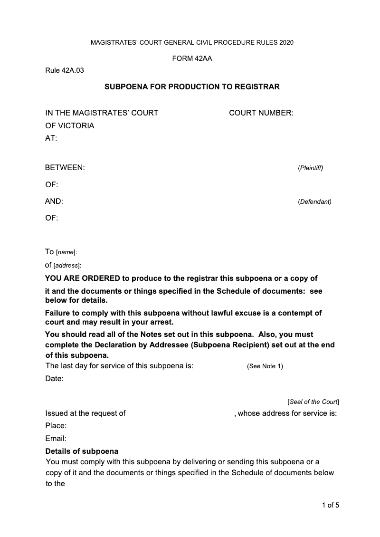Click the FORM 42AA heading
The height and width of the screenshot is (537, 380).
pos(192,58)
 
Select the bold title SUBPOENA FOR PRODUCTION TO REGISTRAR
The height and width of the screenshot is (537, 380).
pos(192,87)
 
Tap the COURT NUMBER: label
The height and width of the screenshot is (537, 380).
pos(261,113)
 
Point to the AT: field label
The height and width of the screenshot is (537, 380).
pos(51,138)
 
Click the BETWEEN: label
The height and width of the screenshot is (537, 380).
pos(65,168)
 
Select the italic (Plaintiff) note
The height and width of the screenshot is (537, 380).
pos(310,168)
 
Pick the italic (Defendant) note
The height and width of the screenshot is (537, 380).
pos(314,202)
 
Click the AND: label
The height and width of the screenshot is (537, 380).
pos(54,201)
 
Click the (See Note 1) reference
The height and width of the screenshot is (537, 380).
pos(265,366)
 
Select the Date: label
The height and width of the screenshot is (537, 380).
pos(54,379)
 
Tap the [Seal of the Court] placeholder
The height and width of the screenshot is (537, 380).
pos(313,402)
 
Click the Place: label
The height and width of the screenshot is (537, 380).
pos(56,426)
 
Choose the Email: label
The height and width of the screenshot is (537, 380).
pos(56,438)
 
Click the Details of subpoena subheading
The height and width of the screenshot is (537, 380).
pos(82,451)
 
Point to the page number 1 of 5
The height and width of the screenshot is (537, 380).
pos(330,505)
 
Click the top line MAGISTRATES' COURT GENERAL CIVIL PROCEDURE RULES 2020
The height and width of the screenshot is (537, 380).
pos(192,43)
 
